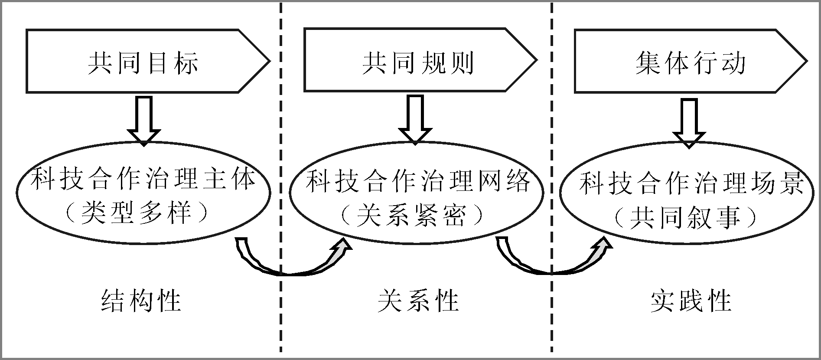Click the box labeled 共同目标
[143, 61]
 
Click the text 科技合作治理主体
[143, 179]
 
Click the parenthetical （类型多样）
[143, 213]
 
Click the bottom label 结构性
[141, 300]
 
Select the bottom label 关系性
[418, 300]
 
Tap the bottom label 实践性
[691, 300]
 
